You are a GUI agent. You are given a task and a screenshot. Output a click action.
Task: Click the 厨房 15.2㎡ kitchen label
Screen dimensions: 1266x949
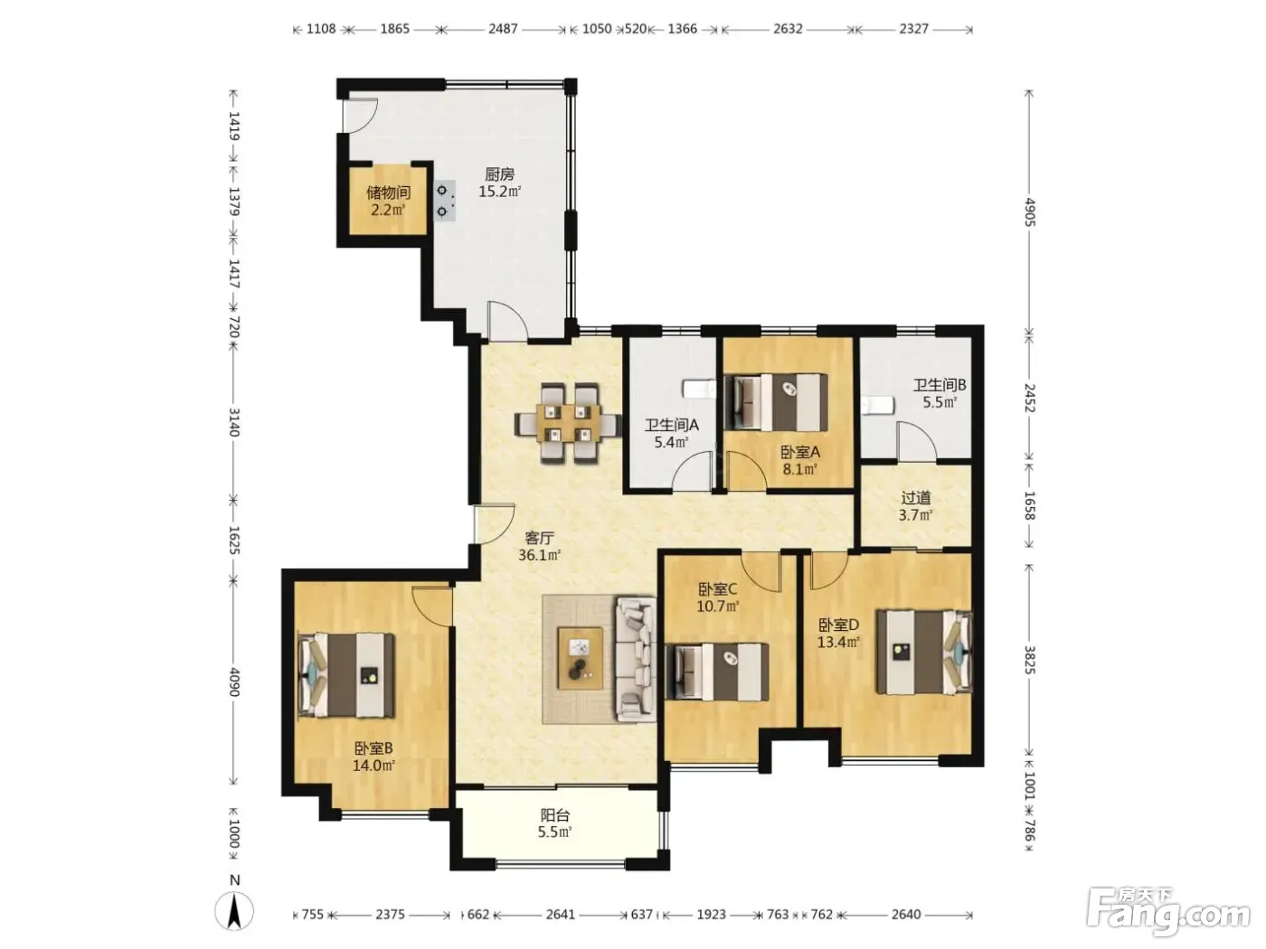499,183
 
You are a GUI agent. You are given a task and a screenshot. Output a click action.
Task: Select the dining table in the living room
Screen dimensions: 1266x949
568,424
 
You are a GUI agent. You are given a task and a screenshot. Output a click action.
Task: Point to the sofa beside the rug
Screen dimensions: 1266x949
636,660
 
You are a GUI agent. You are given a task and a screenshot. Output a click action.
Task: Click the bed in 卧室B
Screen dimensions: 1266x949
346,675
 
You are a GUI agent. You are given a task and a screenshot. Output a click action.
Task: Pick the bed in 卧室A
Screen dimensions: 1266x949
776,402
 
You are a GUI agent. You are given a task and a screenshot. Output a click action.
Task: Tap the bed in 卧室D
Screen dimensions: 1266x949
924,652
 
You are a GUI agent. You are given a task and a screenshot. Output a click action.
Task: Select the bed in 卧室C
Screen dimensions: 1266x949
716,672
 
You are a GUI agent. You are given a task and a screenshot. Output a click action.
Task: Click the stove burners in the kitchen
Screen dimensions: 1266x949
444,201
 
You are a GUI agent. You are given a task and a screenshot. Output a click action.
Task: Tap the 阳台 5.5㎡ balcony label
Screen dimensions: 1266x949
555,823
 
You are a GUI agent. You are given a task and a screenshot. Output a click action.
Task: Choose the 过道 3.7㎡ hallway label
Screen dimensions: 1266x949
915,505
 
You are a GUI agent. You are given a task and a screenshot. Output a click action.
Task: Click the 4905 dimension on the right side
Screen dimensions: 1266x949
1029,212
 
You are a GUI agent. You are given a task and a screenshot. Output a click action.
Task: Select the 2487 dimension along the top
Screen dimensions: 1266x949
503,29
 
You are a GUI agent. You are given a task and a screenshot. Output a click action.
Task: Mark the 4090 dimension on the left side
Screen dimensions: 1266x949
233,681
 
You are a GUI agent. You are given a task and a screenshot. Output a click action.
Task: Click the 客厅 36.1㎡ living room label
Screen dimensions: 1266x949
539,546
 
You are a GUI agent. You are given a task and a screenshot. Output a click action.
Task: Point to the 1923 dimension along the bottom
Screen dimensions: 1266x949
711,915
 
